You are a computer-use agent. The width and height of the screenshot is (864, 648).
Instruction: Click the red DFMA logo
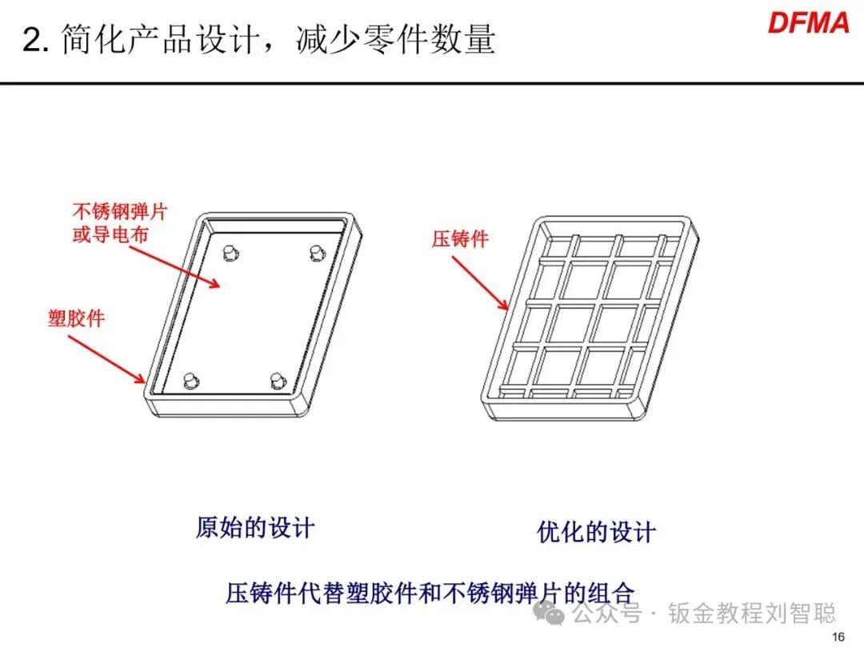point(808,22)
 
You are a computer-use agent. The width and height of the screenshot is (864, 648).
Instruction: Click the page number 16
point(838,637)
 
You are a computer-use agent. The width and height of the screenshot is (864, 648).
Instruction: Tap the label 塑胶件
point(76,318)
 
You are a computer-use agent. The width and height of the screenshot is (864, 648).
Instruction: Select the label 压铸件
point(460,238)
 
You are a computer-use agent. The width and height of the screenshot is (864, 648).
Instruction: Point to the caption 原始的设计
point(254,528)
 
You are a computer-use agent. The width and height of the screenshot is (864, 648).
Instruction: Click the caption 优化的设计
point(596,532)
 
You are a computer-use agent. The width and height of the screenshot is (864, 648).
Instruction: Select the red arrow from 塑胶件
point(107,358)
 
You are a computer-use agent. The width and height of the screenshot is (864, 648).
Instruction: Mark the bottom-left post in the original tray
point(190,380)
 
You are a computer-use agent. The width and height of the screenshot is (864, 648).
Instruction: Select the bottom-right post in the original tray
point(277,380)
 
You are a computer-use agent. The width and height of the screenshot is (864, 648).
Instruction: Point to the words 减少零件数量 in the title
point(395,39)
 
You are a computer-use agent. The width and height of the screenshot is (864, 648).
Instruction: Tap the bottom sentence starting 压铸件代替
point(430,594)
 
